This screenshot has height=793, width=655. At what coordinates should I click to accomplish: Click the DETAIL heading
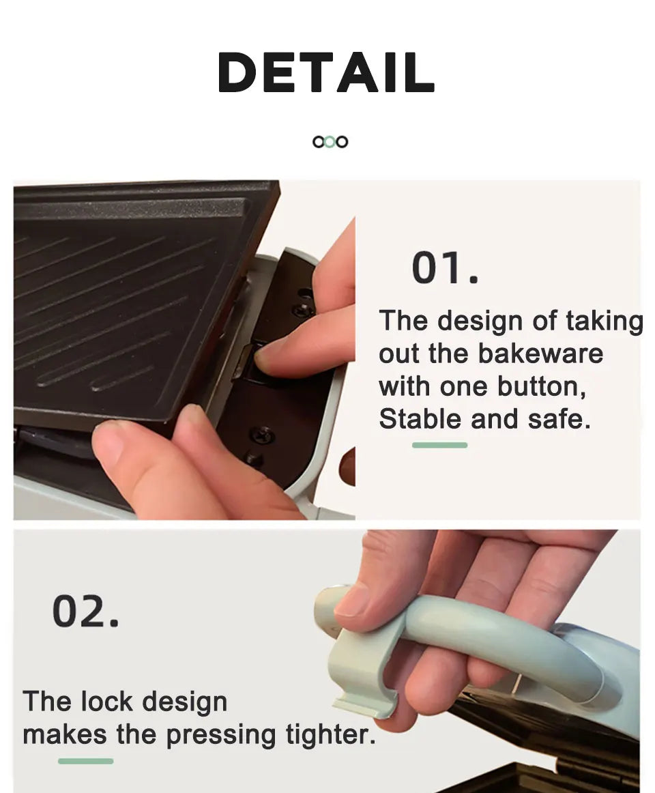tap(326, 72)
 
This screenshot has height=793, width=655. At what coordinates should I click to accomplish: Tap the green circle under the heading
tap(330, 142)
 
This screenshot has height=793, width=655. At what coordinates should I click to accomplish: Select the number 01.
tap(445, 268)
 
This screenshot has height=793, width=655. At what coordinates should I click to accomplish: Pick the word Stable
tap(421, 419)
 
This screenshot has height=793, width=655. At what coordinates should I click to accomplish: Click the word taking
tap(604, 322)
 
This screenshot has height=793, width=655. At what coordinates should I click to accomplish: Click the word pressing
tap(221, 736)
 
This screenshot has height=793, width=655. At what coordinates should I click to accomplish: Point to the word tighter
tap(331, 735)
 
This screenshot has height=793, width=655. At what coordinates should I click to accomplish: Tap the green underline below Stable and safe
tap(439, 445)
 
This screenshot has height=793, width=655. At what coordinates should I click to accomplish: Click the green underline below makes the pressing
tap(85, 761)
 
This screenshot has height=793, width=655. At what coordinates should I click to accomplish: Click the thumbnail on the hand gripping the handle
tap(352, 599)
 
